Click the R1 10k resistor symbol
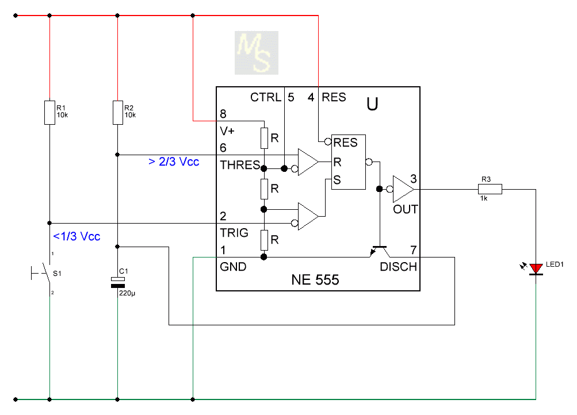point(49,113)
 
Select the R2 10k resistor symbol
point(118,113)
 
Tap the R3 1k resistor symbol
point(490,189)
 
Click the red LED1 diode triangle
point(536,269)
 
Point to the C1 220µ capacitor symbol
point(118,282)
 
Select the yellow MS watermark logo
point(257,53)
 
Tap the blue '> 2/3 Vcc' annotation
point(174,162)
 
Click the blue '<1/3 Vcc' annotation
point(77,236)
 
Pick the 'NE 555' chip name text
point(315,280)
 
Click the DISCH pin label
point(398,267)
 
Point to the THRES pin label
point(240,165)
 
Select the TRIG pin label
point(234,233)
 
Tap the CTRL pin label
point(266,97)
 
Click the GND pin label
point(233,267)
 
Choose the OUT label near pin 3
point(405,210)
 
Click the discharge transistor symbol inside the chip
point(379,251)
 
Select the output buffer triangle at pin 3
point(403,189)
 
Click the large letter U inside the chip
point(372,104)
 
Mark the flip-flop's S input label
point(337,180)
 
